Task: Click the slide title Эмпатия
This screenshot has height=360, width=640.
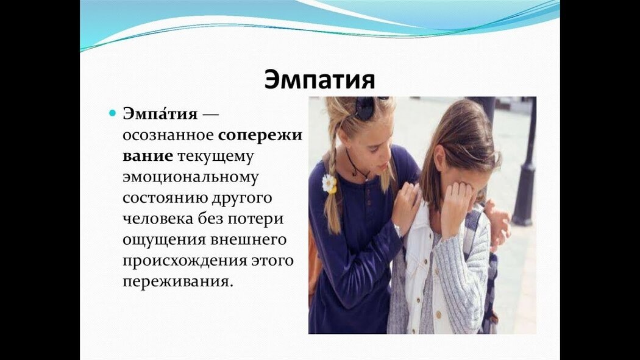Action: [x=319, y=80]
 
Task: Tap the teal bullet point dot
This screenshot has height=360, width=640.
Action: [x=113, y=113]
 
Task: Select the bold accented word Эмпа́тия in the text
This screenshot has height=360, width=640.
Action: [x=160, y=113]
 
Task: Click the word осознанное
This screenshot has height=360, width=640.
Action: [x=168, y=135]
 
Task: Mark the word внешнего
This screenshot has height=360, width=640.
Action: [x=248, y=240]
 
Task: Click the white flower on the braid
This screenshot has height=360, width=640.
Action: [x=329, y=184]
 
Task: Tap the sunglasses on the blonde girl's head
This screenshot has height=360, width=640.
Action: [x=369, y=107]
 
